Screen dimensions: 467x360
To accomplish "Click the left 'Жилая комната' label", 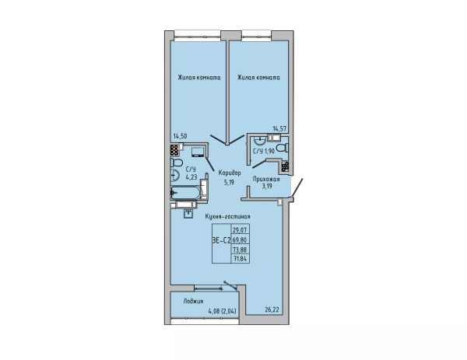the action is (199, 78).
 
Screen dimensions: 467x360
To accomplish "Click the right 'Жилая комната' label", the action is (258, 78).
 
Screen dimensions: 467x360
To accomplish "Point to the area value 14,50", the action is (181, 136).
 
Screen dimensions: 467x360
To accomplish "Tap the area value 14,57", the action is (280, 128).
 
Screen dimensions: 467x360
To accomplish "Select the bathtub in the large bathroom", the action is (187, 193).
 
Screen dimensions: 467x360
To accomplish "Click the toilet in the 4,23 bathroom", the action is (177, 163).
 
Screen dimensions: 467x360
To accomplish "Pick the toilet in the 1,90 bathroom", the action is (282, 148).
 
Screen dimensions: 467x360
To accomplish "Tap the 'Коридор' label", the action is (230, 173).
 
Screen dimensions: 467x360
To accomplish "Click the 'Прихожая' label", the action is (266, 179).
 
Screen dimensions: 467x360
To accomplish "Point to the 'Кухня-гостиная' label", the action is (228, 217).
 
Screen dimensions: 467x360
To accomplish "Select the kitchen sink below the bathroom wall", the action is (188, 214).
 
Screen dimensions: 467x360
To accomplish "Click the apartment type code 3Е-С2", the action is (222, 241).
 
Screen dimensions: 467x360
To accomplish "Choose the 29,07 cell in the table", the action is (241, 230).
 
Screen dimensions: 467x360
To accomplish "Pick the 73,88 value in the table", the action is (241, 249).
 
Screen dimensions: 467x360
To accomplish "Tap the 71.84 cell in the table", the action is (241, 258).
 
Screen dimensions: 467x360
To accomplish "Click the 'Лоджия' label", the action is (194, 301).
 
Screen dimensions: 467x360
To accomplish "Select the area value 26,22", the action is (272, 309).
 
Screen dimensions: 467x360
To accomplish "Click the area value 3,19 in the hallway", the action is (266, 187).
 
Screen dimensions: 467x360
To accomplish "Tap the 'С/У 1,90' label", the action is (264, 151).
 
